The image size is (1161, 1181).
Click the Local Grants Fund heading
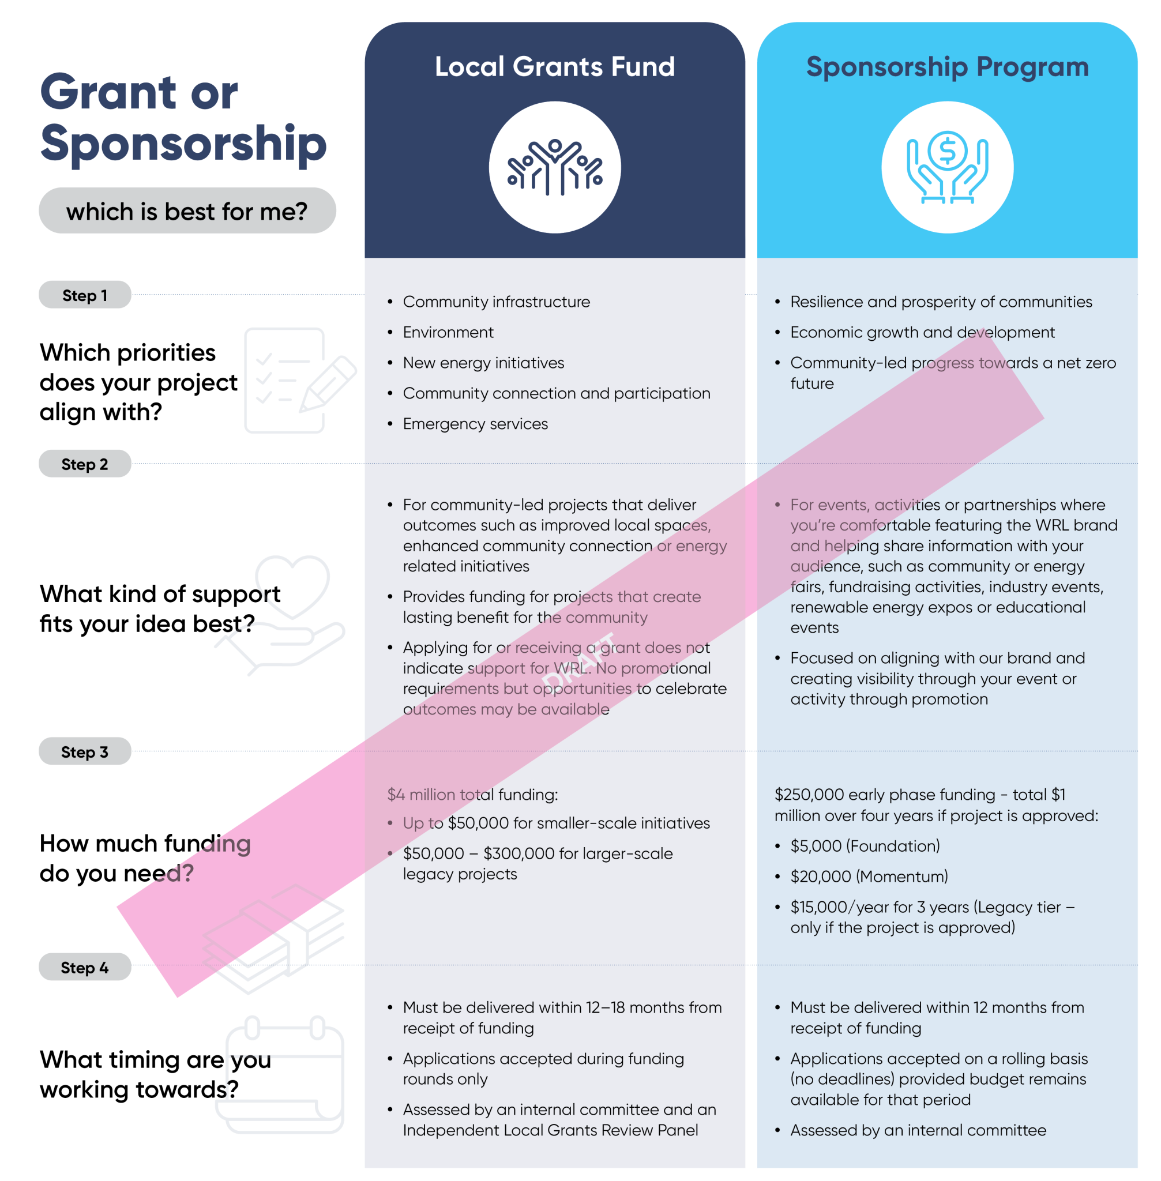tap(554, 66)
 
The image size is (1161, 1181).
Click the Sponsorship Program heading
tap(946, 66)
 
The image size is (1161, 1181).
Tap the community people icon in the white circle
tap(554, 168)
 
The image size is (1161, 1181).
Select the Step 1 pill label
tap(85, 296)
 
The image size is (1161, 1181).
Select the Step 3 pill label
tap(85, 752)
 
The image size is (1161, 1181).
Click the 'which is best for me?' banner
tap(187, 212)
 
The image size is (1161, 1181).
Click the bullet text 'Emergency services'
tap(475, 424)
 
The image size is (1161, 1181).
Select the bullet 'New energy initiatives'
tap(483, 363)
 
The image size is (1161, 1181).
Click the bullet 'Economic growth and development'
tap(922, 332)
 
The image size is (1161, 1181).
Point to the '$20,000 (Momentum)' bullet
tap(869, 876)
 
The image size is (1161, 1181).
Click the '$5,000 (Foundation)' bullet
tap(864, 845)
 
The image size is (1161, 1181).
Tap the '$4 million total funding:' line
tap(472, 795)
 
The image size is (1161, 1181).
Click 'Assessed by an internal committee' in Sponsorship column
tap(917, 1130)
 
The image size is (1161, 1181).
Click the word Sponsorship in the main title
tap(183, 144)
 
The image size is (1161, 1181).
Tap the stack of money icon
tap(275, 939)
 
